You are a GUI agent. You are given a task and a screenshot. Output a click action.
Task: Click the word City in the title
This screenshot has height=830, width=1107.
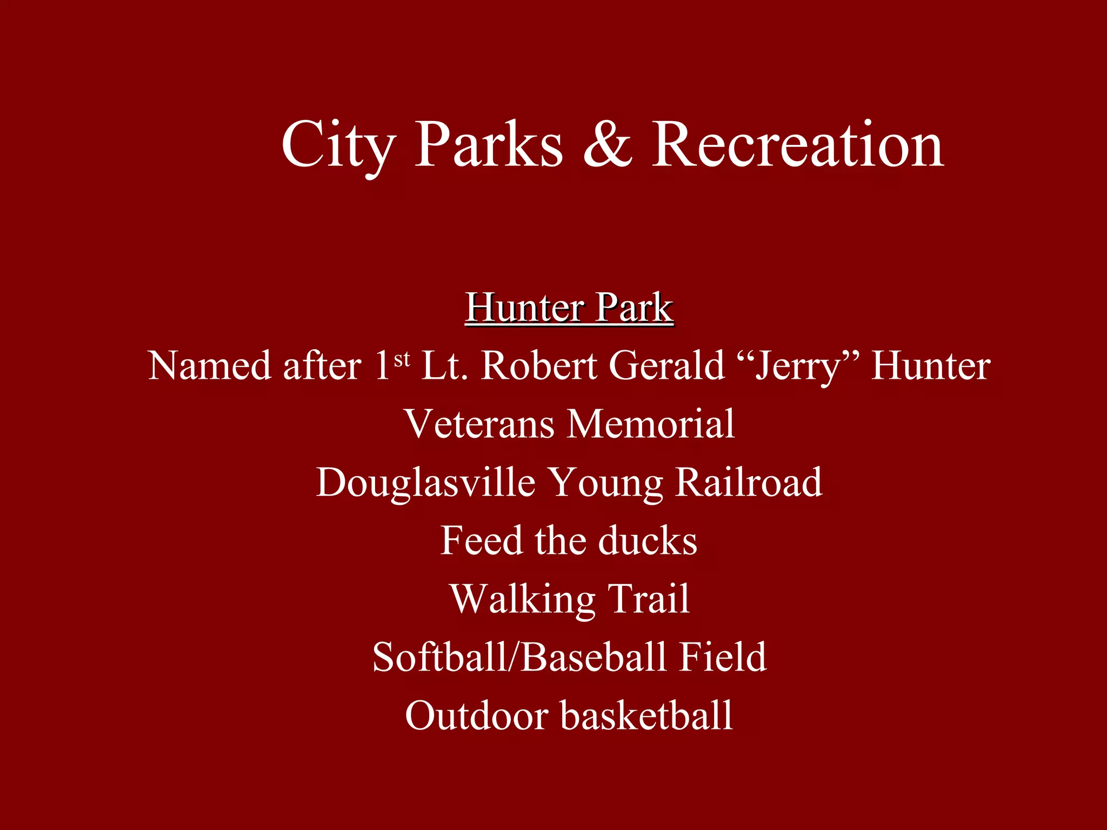pyautogui.click(x=338, y=145)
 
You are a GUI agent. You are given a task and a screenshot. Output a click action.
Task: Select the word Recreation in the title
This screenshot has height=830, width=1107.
pyautogui.click(x=798, y=145)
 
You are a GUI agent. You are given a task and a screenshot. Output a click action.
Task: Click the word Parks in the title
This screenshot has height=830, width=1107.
pyautogui.click(x=489, y=145)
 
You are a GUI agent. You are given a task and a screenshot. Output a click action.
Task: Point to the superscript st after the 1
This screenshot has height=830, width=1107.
pyautogui.click(x=402, y=359)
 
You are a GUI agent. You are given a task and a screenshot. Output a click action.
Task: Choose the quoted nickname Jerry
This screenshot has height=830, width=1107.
pyautogui.click(x=798, y=366)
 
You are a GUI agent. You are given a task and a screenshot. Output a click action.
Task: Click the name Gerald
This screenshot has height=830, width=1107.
pyautogui.click(x=666, y=365)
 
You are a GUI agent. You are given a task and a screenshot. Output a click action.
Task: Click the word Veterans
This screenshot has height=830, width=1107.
pyautogui.click(x=480, y=424)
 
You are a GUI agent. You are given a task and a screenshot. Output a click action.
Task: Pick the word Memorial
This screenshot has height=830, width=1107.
pyautogui.click(x=651, y=424)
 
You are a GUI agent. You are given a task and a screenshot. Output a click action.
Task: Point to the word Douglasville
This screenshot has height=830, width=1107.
pyautogui.click(x=425, y=482)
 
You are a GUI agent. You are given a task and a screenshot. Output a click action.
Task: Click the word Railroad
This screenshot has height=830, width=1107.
pyautogui.click(x=749, y=482)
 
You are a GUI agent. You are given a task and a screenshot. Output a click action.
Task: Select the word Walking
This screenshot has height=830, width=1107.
pyautogui.click(x=522, y=599)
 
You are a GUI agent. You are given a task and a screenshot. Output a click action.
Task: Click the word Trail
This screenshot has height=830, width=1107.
pyautogui.click(x=649, y=599)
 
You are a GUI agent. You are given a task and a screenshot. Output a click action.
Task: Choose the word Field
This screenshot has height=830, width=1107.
pyautogui.click(x=723, y=657)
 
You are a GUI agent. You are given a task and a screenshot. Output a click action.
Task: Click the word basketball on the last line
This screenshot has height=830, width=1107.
pyautogui.click(x=646, y=715)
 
